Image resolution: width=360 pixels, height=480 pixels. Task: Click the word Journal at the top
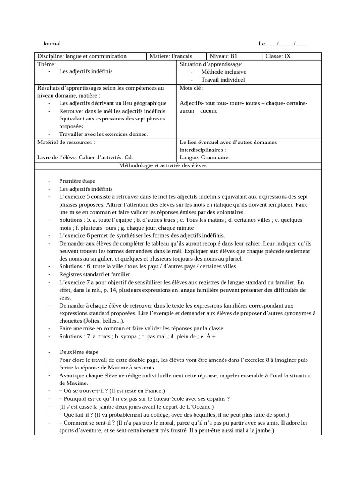(x=52, y=44)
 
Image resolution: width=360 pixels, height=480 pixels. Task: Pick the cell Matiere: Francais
(x=171, y=56)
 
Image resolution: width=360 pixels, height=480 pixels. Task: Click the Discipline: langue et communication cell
(x=82, y=56)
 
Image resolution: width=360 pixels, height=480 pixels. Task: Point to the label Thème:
(x=46, y=64)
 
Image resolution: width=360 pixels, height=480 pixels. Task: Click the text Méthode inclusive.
(x=225, y=72)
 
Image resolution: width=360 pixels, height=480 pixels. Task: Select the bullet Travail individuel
(x=223, y=80)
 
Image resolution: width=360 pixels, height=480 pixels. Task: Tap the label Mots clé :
(x=192, y=87)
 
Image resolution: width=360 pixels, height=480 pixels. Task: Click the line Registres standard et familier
(x=95, y=274)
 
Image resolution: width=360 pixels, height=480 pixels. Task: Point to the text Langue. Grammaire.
(x=204, y=157)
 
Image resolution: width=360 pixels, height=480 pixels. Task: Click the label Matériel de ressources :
(x=66, y=142)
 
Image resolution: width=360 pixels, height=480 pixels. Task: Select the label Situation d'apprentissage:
(x=211, y=64)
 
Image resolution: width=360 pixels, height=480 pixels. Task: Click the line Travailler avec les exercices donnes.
(x=103, y=134)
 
